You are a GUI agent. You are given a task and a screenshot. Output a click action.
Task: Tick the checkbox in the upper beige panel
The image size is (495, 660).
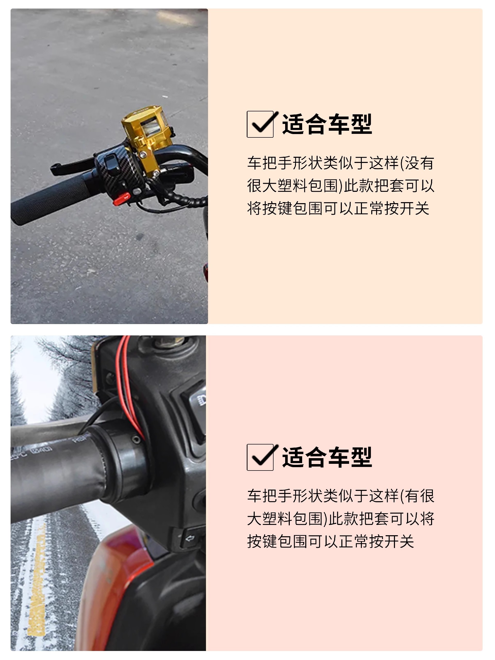pos(260,124)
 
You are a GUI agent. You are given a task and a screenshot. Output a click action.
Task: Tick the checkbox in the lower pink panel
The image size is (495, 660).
pos(260,457)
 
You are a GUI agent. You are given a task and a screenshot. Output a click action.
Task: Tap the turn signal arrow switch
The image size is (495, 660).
pos(190,539)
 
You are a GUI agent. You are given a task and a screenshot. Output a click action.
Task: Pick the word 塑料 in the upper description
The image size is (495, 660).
pos(292,186)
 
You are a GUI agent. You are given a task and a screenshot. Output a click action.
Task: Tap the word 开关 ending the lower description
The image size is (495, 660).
pos(399,542)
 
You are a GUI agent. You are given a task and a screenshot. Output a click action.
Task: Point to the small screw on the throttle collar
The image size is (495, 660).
pos(136,439)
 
